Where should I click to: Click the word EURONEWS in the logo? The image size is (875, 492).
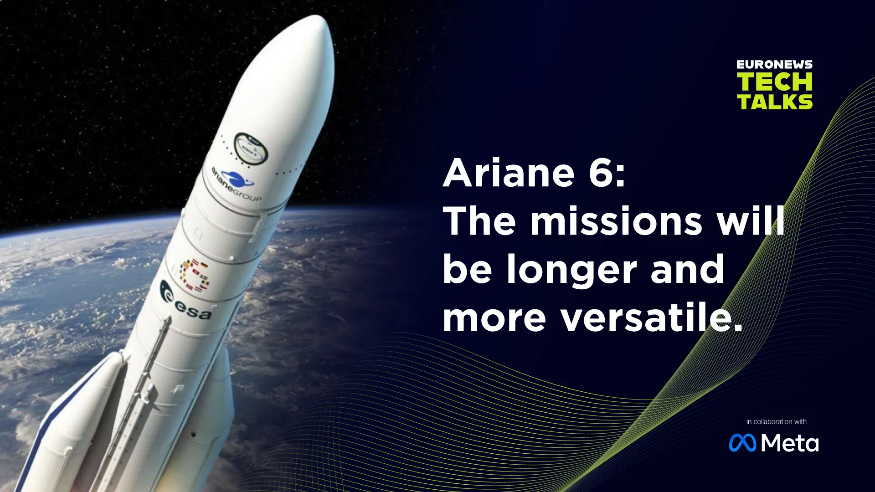coord(774,65)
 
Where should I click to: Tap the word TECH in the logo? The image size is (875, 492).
coord(774,82)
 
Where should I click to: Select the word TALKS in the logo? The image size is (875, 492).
coord(774,102)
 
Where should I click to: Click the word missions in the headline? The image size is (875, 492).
coord(616,221)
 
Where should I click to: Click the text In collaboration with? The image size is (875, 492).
coord(776,421)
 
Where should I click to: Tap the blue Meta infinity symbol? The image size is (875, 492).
coord(742,443)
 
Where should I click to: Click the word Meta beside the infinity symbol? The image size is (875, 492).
coord(790,443)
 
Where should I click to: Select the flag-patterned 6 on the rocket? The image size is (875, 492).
coord(195,275)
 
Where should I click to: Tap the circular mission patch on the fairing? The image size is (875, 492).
coord(251,146)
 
